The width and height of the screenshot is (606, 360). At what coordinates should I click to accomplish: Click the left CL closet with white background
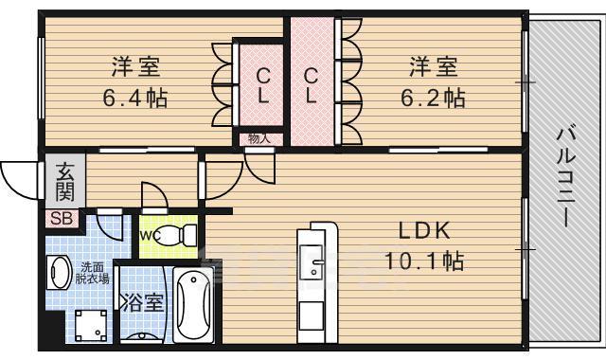262,85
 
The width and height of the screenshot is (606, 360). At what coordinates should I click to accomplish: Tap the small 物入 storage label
258,138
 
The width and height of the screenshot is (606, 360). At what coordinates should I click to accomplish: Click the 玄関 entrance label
64,182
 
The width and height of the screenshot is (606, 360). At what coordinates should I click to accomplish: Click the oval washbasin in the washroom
58,273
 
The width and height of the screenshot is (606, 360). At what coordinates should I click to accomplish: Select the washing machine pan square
92,326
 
